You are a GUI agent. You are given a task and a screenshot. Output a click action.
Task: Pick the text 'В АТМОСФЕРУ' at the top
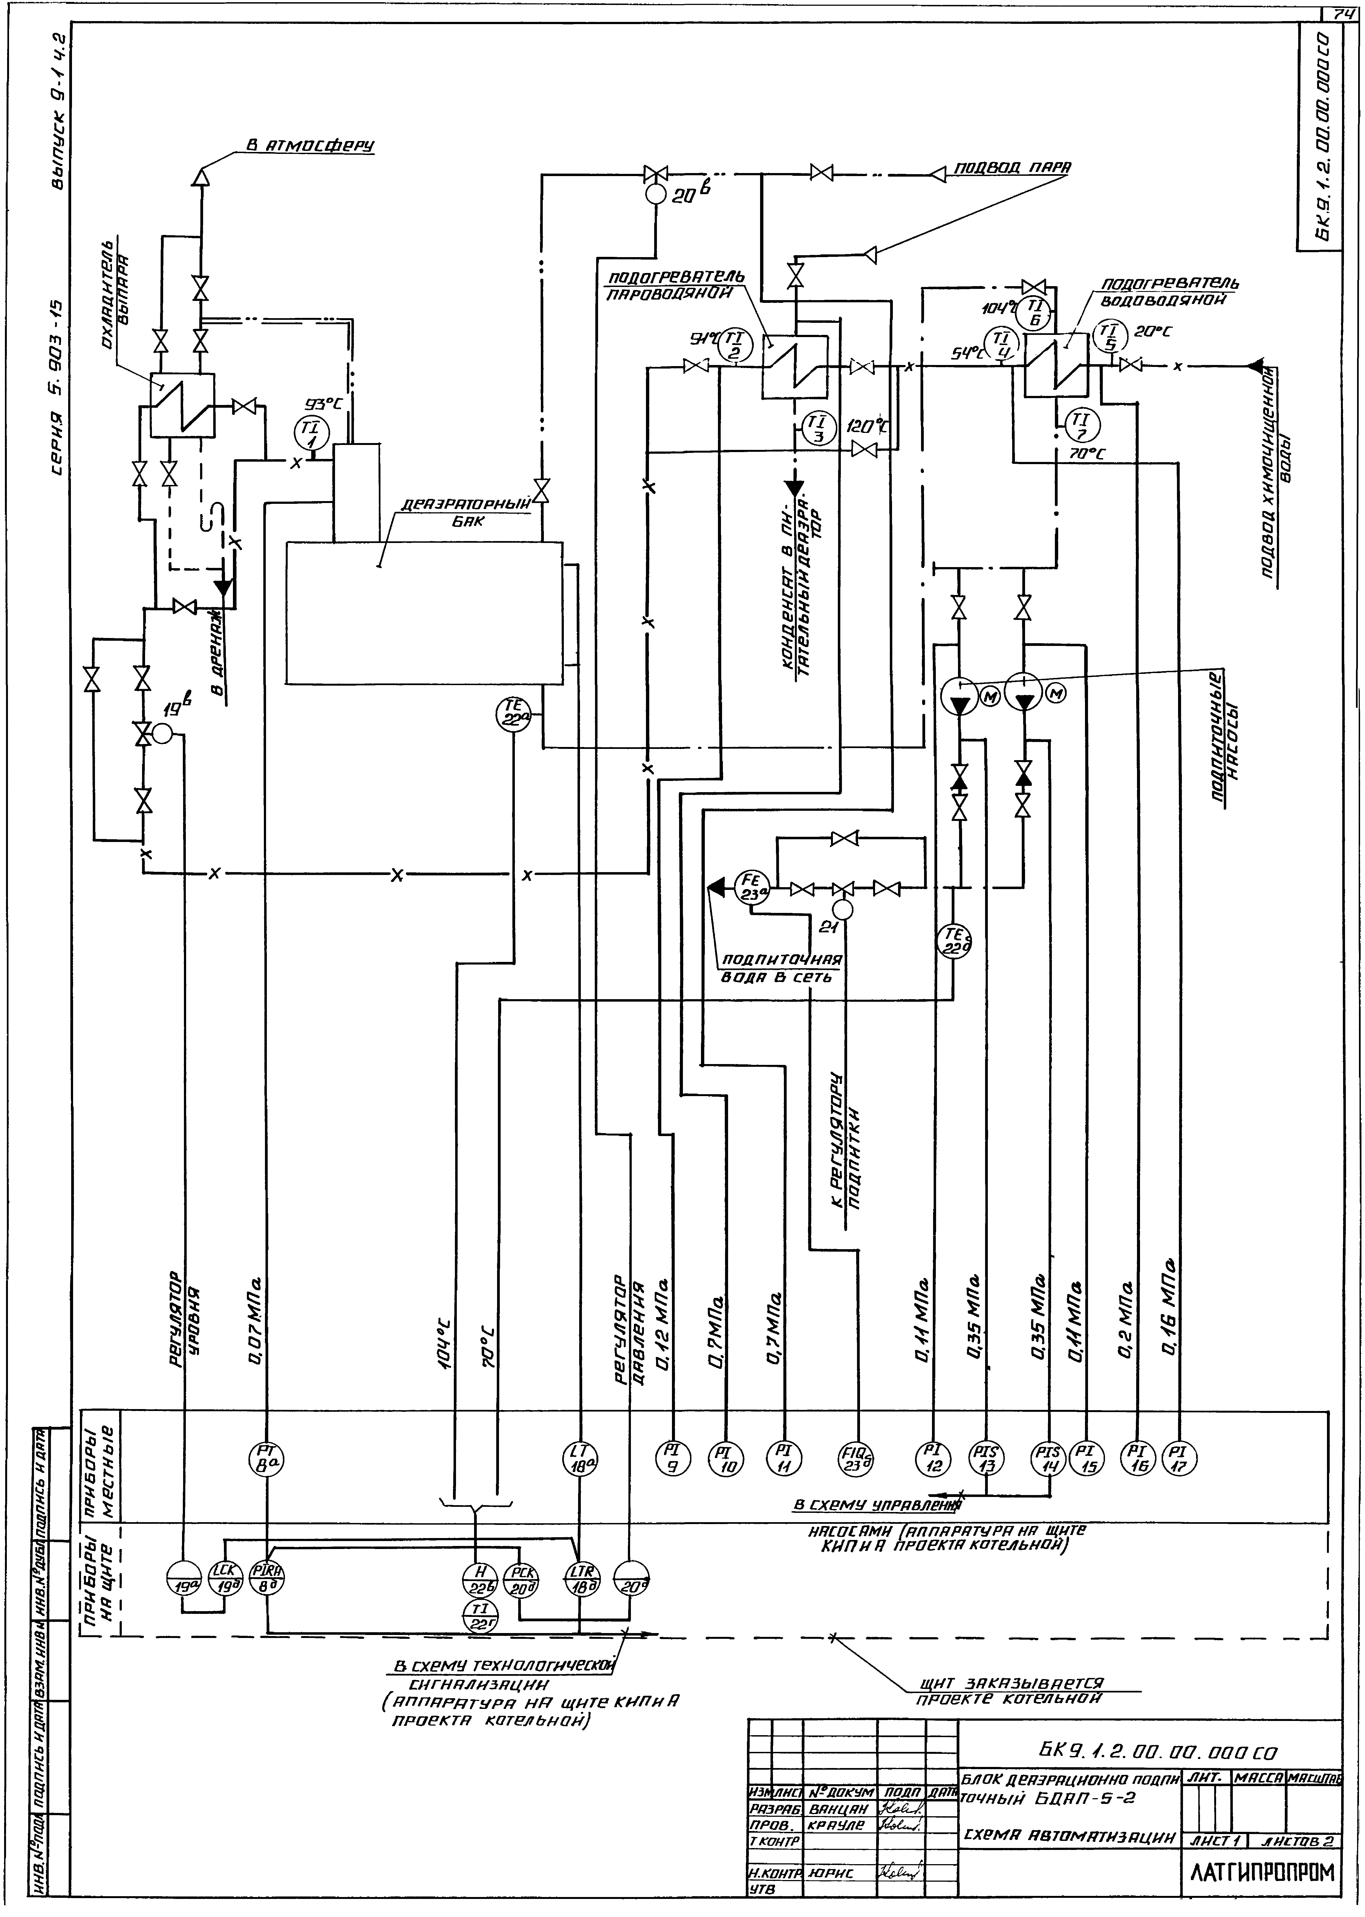(309, 145)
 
